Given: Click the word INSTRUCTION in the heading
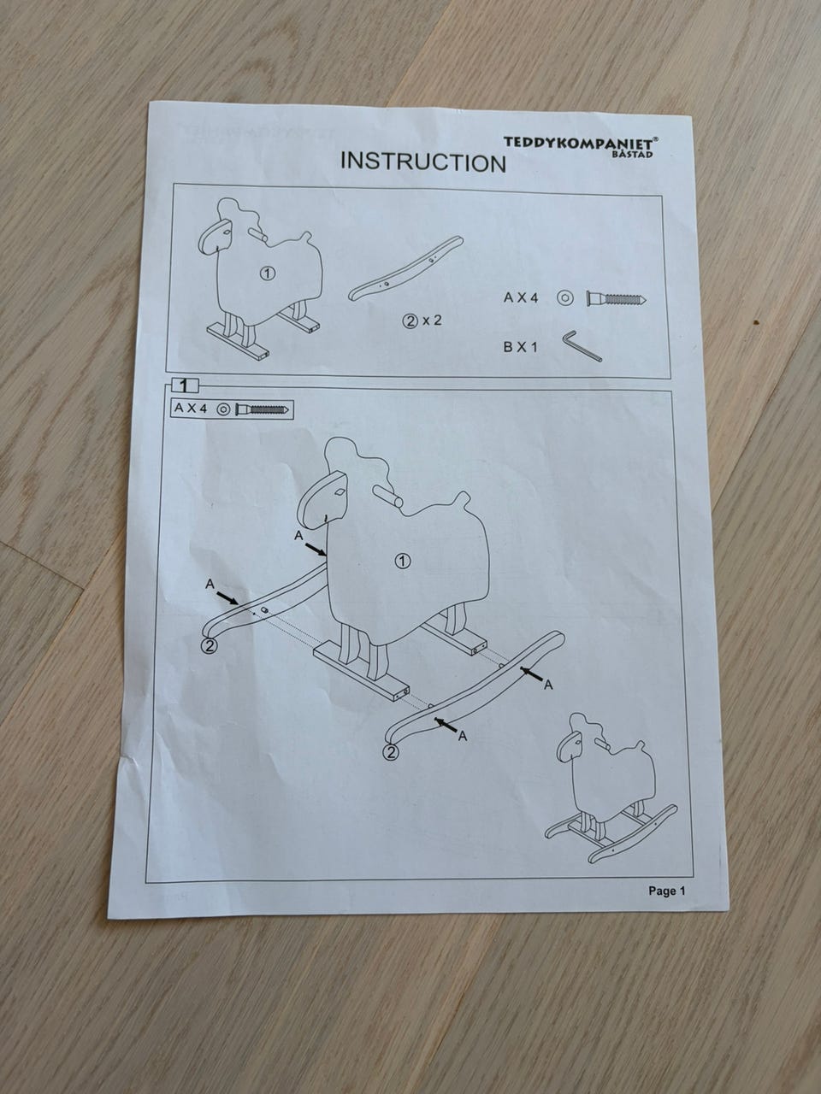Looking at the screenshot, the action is (423, 162).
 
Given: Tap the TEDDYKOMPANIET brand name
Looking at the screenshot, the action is (581, 143).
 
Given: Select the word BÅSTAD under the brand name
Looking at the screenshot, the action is (633, 154).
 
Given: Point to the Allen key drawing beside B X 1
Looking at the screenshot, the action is (582, 346).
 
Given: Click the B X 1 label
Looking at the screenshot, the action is (521, 347).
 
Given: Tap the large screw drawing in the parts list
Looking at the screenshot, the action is (617, 299).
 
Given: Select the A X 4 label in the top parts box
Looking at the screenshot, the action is (521, 298).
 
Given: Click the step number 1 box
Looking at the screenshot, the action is (185, 385).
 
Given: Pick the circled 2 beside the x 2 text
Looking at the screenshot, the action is (410, 321).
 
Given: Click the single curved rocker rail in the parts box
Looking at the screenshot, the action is (405, 269).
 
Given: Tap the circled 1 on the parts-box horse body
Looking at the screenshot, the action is (269, 273).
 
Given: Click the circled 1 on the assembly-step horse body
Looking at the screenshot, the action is (403, 562).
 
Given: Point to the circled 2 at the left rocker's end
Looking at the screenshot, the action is (210, 645).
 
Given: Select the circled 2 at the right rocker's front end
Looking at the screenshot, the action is (391, 752).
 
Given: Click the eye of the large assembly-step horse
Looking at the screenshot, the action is (339, 492).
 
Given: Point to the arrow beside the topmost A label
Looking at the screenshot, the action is (316, 549).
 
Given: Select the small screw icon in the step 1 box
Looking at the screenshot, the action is (263, 409).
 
